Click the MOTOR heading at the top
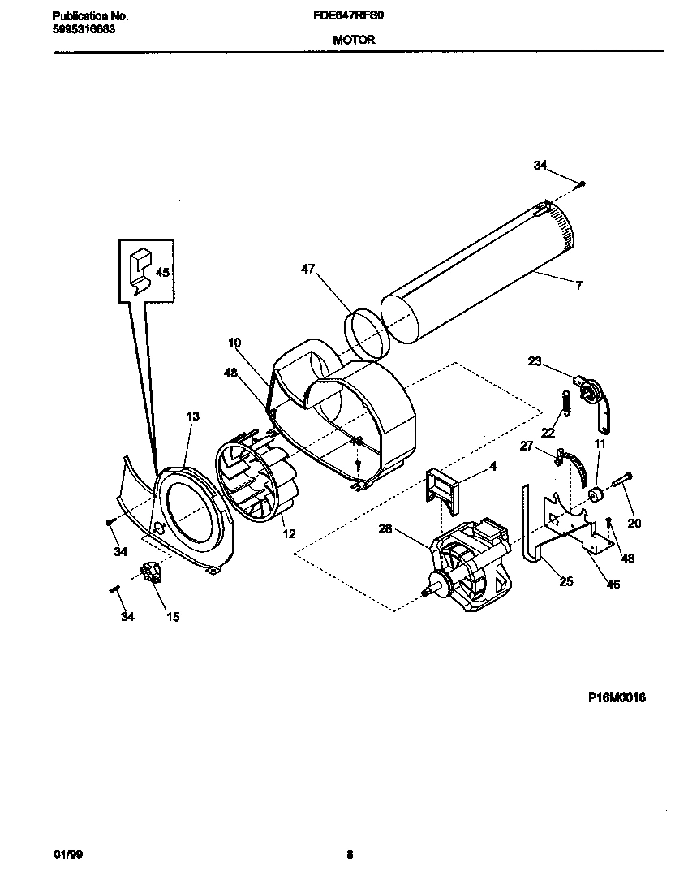[353, 39]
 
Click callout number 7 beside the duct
[579, 285]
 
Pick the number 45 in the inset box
[162, 273]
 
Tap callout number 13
[192, 416]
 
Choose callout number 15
[173, 617]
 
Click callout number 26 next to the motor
[385, 529]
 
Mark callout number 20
[634, 524]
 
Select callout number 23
[534, 362]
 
